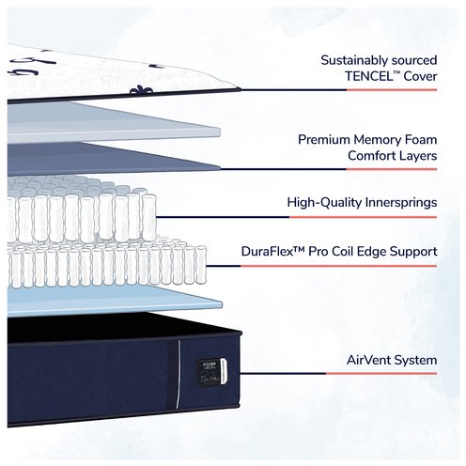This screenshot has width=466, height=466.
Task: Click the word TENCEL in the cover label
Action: click(x=368, y=76)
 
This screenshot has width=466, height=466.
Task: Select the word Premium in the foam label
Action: click(x=323, y=140)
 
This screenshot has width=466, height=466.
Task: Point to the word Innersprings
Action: click(x=401, y=203)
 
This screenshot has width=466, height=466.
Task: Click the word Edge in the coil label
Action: click(x=371, y=252)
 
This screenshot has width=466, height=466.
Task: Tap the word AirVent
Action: click(x=368, y=360)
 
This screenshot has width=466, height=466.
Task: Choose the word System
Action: click(x=415, y=361)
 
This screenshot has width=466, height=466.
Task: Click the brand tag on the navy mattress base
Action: click(x=211, y=373)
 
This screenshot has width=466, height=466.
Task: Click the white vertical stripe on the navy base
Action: click(x=179, y=374)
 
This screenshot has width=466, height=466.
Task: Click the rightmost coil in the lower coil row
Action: click(x=201, y=265)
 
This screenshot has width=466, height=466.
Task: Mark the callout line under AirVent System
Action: click(x=338, y=373)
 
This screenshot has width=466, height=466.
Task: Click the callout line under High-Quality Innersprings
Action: click(x=296, y=217)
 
